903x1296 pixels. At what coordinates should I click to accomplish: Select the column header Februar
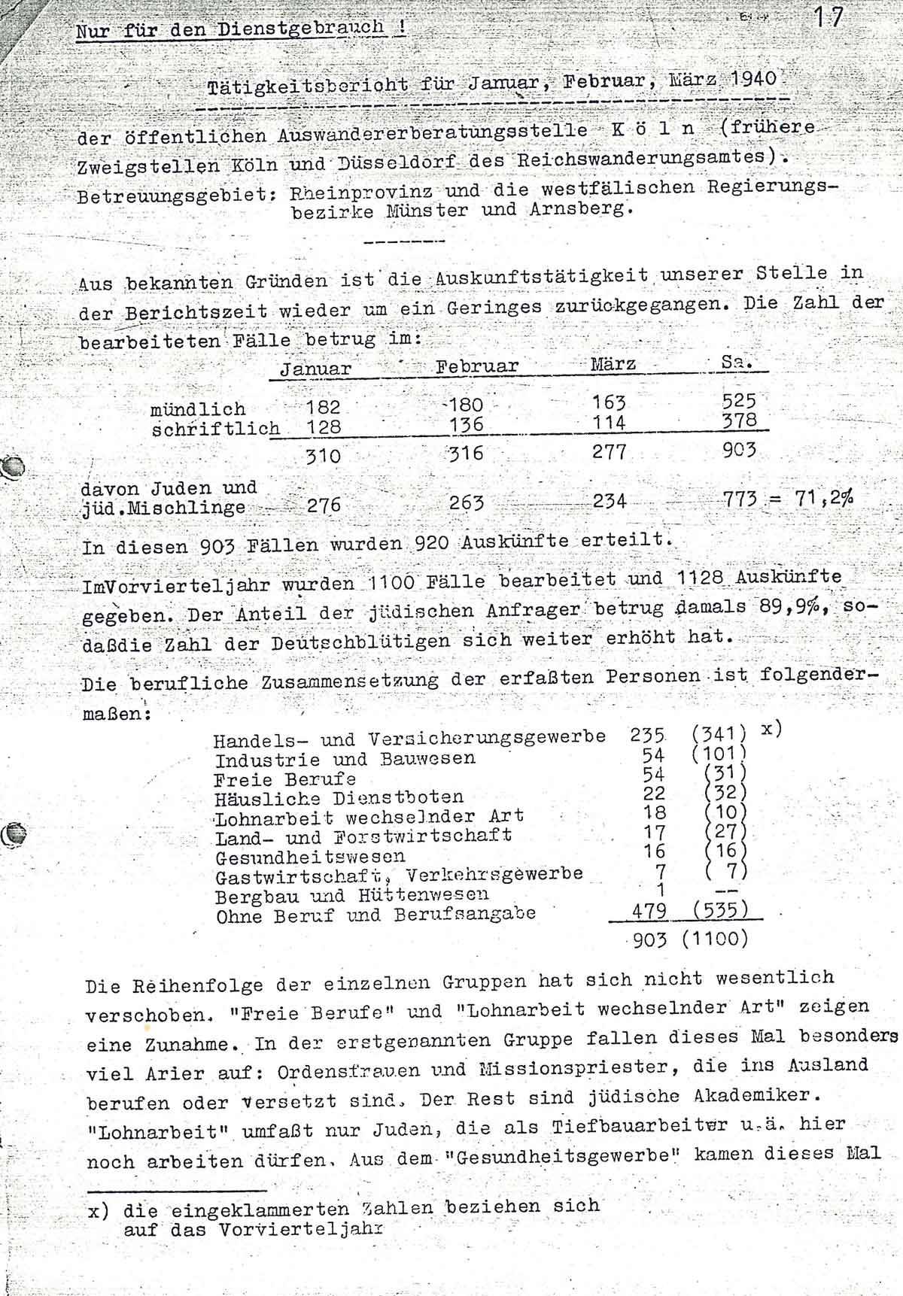[x=477, y=366]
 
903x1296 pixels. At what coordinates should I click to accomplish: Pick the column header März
[x=613, y=364]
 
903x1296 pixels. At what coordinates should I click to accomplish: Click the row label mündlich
[x=198, y=409]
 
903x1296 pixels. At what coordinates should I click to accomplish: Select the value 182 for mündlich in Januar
[x=323, y=408]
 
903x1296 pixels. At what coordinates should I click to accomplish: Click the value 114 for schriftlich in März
[x=609, y=423]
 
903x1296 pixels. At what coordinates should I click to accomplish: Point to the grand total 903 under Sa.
[x=738, y=451]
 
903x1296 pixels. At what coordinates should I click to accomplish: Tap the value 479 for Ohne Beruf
[x=649, y=912]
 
